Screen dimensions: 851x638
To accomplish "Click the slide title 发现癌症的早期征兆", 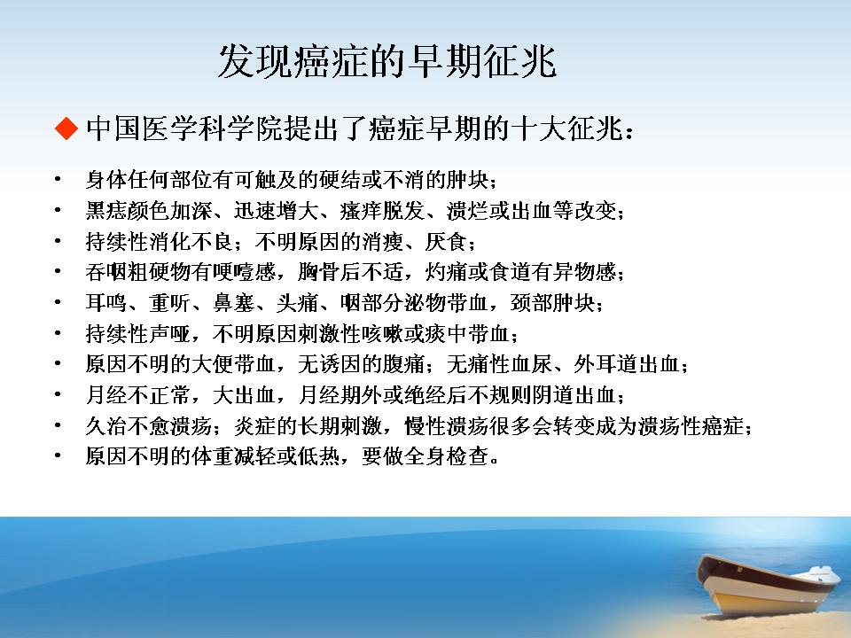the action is [387, 61].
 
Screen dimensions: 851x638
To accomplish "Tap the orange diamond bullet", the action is [66, 128].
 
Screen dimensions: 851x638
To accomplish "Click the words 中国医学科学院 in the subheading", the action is [184, 128].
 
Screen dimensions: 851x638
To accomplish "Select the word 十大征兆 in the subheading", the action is [567, 128].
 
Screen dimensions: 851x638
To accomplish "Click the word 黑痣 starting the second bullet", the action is [106, 210].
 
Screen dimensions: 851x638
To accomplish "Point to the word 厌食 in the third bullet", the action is [446, 241].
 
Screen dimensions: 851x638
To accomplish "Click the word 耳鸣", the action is [106, 302].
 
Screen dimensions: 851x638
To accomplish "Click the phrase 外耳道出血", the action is [627, 363].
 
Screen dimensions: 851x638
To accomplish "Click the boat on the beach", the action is [766, 586].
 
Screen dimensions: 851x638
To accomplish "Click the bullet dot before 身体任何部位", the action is [58, 179].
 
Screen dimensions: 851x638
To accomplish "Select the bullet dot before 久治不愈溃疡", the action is [58, 425].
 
